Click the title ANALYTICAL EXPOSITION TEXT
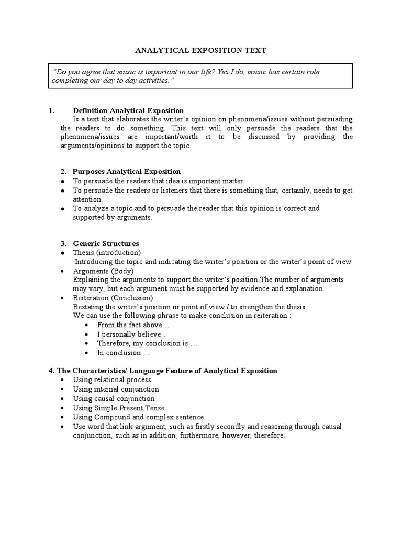pyautogui.click(x=201, y=50)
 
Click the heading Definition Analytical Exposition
pyautogui.click(x=128, y=110)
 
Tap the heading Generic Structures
pyautogui.click(x=106, y=243)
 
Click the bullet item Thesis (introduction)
pyautogui.click(x=107, y=253)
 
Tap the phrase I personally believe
pyautogui.click(x=134, y=334)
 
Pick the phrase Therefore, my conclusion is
pyautogui.click(x=148, y=343)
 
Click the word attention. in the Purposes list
pyautogui.click(x=88, y=199)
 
